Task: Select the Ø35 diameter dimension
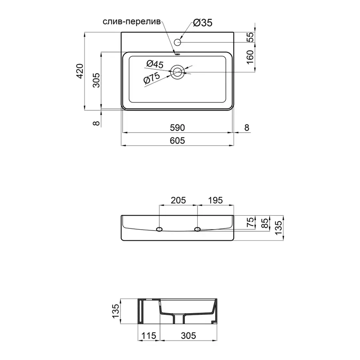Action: point(202,23)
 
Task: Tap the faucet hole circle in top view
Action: point(178,42)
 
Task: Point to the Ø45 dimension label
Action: point(155,64)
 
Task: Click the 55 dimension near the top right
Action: point(250,37)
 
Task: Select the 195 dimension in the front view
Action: point(215,200)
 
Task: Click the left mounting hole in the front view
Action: point(159,229)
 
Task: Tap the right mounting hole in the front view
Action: point(197,229)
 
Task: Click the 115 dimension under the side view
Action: point(149,336)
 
